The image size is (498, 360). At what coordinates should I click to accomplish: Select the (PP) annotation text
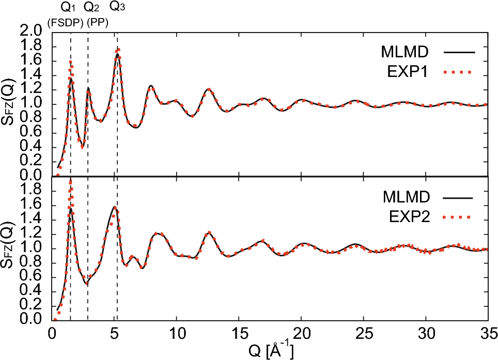94,22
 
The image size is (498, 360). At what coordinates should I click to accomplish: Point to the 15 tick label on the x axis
239,331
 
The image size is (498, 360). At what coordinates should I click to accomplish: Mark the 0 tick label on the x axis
52,331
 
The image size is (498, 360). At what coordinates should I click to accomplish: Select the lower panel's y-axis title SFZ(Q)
11,248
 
